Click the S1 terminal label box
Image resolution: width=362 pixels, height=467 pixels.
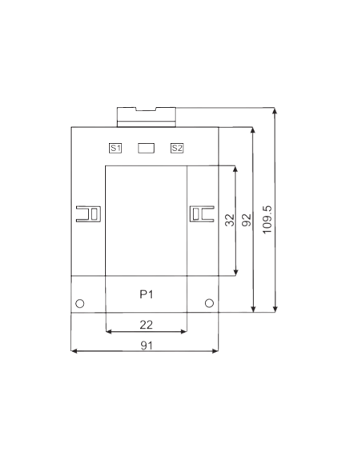(x=115, y=148)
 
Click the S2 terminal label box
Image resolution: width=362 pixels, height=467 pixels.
(x=177, y=148)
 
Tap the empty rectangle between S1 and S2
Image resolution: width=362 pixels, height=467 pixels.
(x=146, y=148)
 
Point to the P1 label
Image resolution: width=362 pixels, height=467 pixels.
(x=147, y=294)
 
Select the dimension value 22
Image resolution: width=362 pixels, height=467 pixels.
(x=146, y=325)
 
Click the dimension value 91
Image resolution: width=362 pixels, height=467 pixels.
(x=147, y=345)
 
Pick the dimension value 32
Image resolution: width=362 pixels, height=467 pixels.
(x=230, y=220)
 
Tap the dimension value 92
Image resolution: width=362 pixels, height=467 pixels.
(x=247, y=220)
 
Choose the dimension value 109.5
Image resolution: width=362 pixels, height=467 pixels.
(x=267, y=220)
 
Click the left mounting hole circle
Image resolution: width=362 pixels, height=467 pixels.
(x=80, y=304)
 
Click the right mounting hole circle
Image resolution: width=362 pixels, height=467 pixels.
(x=209, y=303)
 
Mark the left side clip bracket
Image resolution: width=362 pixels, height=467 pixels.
(x=89, y=214)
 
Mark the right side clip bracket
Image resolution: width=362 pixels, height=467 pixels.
(x=202, y=214)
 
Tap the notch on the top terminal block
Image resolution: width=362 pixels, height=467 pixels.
(x=146, y=109)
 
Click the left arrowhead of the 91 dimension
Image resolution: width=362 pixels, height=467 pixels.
(x=74, y=351)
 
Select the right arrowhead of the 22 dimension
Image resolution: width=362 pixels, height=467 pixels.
(x=184, y=331)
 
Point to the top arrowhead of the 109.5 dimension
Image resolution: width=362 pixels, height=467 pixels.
(x=275, y=111)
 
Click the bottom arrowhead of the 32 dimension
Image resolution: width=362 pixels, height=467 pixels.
(x=235, y=273)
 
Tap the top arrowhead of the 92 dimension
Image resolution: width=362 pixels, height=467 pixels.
(x=253, y=131)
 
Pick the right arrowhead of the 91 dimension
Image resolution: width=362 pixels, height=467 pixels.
(x=215, y=351)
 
